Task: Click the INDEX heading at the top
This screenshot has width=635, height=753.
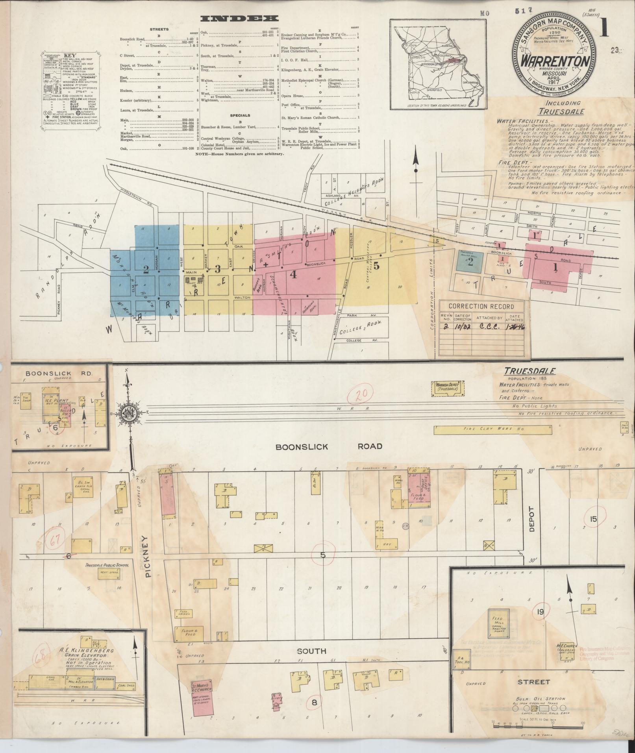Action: [239, 18]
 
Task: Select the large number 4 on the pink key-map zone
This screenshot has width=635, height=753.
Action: [293, 274]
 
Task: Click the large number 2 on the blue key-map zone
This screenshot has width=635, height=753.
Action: [146, 270]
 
